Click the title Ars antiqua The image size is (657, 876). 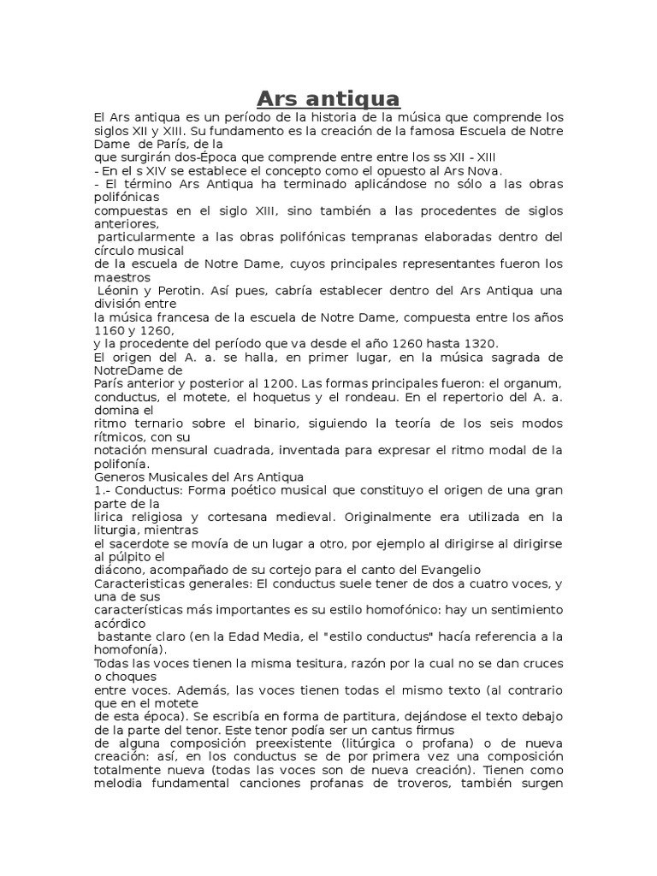click(328, 98)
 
